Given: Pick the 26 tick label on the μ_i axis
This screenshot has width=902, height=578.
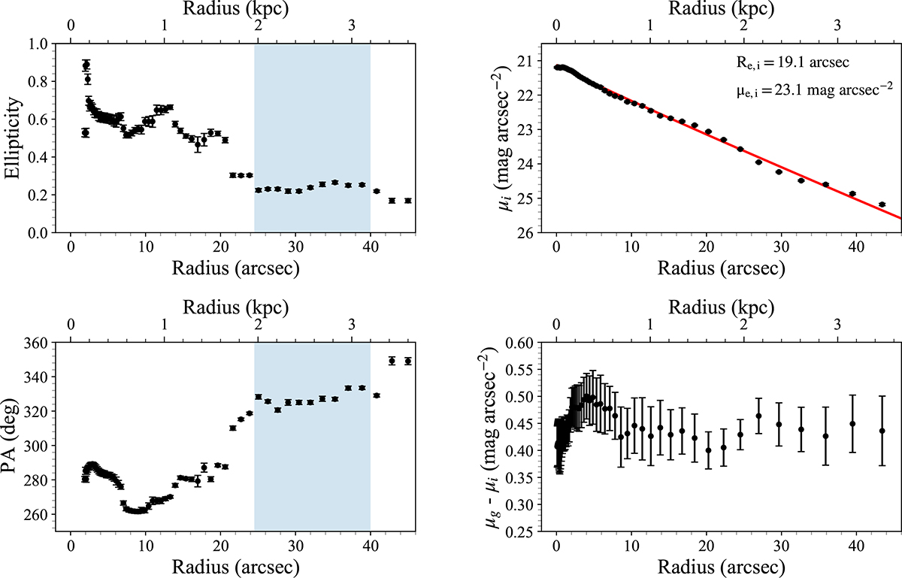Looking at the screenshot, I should click(x=523, y=233).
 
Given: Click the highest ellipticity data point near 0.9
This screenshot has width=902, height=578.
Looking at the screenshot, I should click(x=86, y=65).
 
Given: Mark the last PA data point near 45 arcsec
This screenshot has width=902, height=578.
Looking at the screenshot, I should click(x=408, y=362).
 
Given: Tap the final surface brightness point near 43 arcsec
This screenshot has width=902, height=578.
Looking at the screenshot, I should click(x=882, y=204).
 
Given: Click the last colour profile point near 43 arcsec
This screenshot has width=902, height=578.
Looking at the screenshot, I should click(x=882, y=431).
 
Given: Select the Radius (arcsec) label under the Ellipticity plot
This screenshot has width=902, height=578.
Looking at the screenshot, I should click(x=220, y=268).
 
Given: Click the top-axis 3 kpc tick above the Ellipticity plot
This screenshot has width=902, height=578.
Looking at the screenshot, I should click(x=353, y=25).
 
